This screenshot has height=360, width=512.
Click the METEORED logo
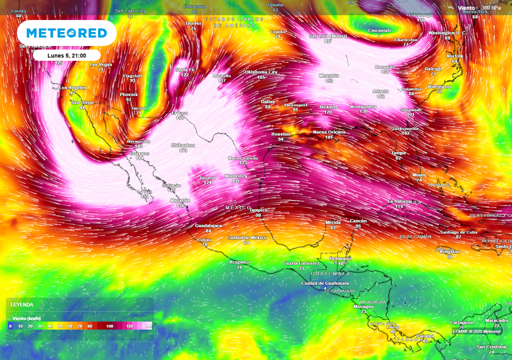pyautogui.click(x=66, y=33)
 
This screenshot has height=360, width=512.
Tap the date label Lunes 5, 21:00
pyautogui.click(x=66, y=55)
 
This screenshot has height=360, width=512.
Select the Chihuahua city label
pyautogui.click(x=183, y=145)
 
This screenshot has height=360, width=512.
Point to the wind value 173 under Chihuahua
pyautogui.click(x=183, y=150)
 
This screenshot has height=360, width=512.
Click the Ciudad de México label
pyautogui.click(x=246, y=237)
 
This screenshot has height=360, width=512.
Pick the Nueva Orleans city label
pyautogui.click(x=329, y=132)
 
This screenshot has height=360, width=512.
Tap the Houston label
pyautogui.click(x=280, y=134)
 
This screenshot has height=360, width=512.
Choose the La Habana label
pyautogui.click(x=399, y=201)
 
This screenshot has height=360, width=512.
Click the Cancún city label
pyautogui.click(x=358, y=220)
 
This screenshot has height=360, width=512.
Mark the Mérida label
pyautogui.click(x=333, y=222)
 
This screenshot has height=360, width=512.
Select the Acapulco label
pyautogui.click(x=239, y=262)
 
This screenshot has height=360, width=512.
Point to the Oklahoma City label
pyautogui.click(x=260, y=72)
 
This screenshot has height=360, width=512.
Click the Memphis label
pyautogui.click(x=329, y=75)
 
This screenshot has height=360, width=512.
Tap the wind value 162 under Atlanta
pyautogui.click(x=380, y=96)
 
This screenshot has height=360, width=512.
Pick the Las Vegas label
pyautogui.click(x=100, y=64)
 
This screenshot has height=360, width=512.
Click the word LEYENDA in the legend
pyautogui.click(x=22, y=304)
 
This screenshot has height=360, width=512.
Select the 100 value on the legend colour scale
pyautogui.click(x=110, y=326)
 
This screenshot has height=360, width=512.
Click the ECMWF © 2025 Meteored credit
pyautogui.click(x=476, y=331)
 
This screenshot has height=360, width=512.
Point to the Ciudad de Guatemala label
pyautogui.click(x=324, y=283)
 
